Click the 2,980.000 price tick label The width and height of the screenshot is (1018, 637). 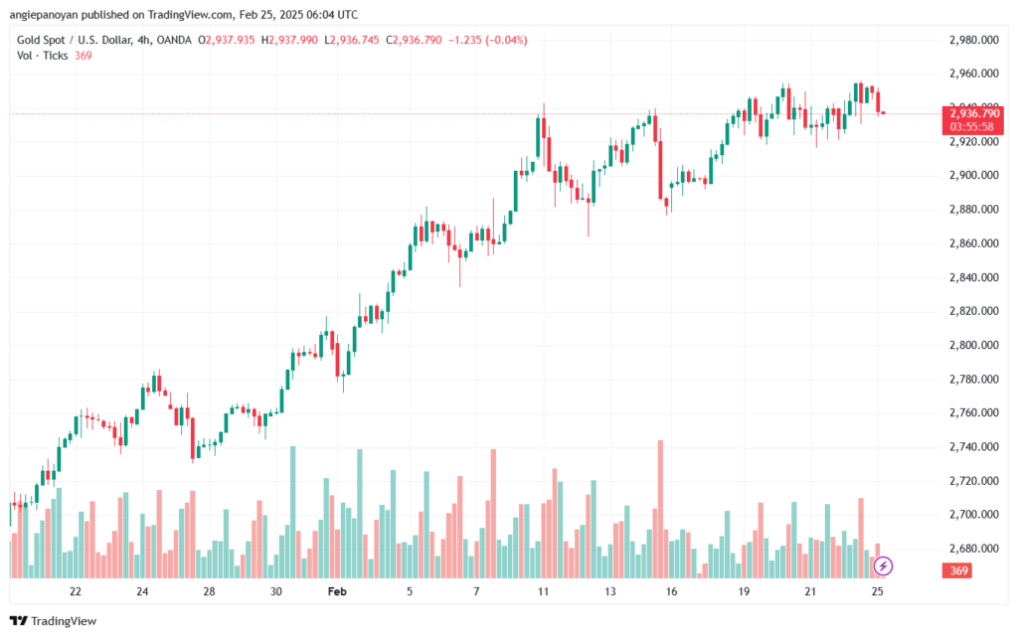tap(974, 40)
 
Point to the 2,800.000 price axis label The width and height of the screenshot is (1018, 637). tap(974, 345)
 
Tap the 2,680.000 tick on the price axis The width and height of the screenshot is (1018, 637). tap(974, 549)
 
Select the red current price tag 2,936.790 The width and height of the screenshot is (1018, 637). tap(974, 114)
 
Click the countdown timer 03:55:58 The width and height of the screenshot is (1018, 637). tap(972, 127)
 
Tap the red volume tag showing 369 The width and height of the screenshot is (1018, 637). tap(959, 570)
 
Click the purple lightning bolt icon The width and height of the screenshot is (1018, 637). tap(883, 566)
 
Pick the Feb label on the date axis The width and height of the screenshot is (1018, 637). tap(337, 591)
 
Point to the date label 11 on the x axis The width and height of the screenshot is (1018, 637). tap(543, 591)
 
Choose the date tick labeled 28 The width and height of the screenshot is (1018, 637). tap(209, 591)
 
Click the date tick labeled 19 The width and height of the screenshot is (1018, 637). tap(744, 591)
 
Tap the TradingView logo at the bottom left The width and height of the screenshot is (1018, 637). tap(54, 621)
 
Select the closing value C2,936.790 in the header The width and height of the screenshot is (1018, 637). tap(415, 40)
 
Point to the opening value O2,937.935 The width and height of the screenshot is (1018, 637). tap(227, 40)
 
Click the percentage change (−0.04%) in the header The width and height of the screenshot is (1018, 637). tap(506, 40)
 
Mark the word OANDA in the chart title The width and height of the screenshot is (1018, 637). tap(174, 40)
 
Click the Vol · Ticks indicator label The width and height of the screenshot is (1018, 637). tap(42, 56)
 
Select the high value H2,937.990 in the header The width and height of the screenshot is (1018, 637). tap(289, 40)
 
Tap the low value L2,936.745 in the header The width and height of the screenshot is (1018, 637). tap(352, 40)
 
